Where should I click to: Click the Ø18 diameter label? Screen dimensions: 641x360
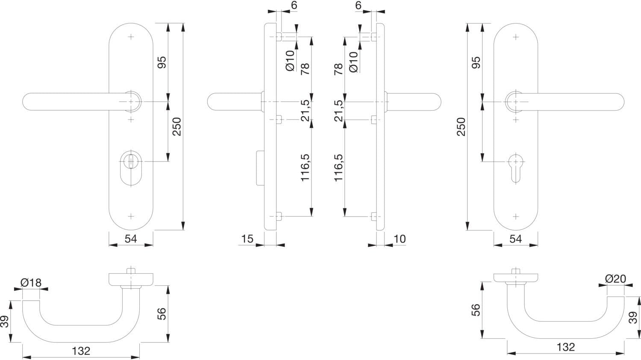click(31, 283)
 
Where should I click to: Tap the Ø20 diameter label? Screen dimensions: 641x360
click(615, 278)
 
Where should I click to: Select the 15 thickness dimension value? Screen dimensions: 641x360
click(247, 239)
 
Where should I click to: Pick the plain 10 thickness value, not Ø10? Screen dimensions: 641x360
click(400, 239)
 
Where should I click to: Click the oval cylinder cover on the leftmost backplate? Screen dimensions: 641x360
click(131, 169)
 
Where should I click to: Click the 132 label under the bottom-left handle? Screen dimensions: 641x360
click(81, 351)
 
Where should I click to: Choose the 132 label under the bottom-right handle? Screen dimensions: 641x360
click(566, 347)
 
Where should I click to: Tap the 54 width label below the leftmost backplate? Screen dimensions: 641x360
click(131, 239)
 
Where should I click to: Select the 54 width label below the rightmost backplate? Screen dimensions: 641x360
click(516, 239)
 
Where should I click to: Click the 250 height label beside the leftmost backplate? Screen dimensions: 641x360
click(177, 126)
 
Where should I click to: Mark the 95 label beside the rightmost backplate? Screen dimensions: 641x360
click(476, 62)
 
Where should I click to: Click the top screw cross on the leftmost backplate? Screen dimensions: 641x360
click(131, 37)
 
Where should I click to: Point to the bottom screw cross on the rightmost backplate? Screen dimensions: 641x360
click(516, 217)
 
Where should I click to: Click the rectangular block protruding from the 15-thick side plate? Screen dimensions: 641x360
click(260, 168)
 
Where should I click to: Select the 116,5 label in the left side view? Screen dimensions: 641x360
click(305, 167)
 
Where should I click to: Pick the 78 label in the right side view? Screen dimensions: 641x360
click(338, 69)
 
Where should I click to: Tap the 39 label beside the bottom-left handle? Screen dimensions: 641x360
click(5, 322)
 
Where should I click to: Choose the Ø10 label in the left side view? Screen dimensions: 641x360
click(290, 61)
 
